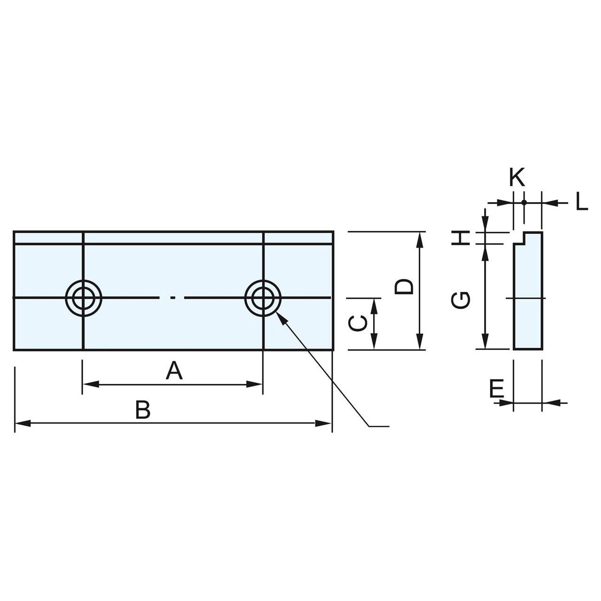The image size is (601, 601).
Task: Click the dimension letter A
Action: tap(174, 371)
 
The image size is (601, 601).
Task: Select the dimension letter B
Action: tap(143, 410)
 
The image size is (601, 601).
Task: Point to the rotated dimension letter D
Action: tap(404, 287)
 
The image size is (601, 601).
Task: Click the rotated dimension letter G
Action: tap(461, 300)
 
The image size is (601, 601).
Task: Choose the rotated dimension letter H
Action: tap(461, 238)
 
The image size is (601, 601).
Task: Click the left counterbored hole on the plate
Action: tap(84, 298)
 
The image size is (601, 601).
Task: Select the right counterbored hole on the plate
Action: tap(263, 298)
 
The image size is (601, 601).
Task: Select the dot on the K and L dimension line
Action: tap(523, 202)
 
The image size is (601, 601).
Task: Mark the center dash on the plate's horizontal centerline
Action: tap(172, 298)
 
